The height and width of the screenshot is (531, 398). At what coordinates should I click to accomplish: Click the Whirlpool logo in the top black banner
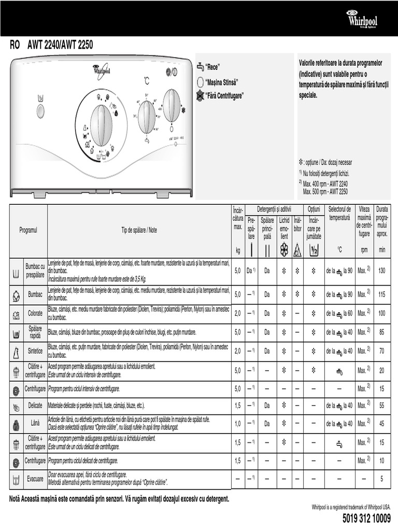pyautogui.click(x=362, y=20)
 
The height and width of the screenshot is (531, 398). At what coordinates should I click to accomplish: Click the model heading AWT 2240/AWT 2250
pyautogui.click(x=60, y=45)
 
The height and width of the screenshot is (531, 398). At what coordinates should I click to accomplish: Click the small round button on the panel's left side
pyautogui.click(x=40, y=111)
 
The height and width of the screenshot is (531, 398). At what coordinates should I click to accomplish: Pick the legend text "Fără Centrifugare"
pyautogui.click(x=224, y=95)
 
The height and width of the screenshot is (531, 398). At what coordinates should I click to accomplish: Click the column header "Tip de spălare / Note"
pyautogui.click(x=139, y=230)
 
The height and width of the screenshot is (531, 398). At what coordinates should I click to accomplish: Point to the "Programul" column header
pyautogui.click(x=29, y=230)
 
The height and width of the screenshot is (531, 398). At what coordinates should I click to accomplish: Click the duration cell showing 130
pyautogui.click(x=382, y=271)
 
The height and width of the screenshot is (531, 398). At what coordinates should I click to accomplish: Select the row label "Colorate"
pyautogui.click(x=35, y=314)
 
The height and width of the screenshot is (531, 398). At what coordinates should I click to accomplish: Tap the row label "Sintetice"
pyautogui.click(x=35, y=351)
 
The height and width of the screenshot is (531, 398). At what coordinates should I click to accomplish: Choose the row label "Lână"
pyautogui.click(x=35, y=424)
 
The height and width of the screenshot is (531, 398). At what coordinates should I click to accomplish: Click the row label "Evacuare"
pyautogui.click(x=35, y=479)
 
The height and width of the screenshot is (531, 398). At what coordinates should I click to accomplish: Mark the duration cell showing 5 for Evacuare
pyautogui.click(x=382, y=480)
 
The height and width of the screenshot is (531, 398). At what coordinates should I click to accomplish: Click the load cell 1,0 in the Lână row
pyautogui.click(x=237, y=424)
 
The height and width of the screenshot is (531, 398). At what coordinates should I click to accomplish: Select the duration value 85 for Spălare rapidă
pyautogui.click(x=382, y=332)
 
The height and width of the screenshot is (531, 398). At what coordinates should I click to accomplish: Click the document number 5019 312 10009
pyautogui.click(x=366, y=519)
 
